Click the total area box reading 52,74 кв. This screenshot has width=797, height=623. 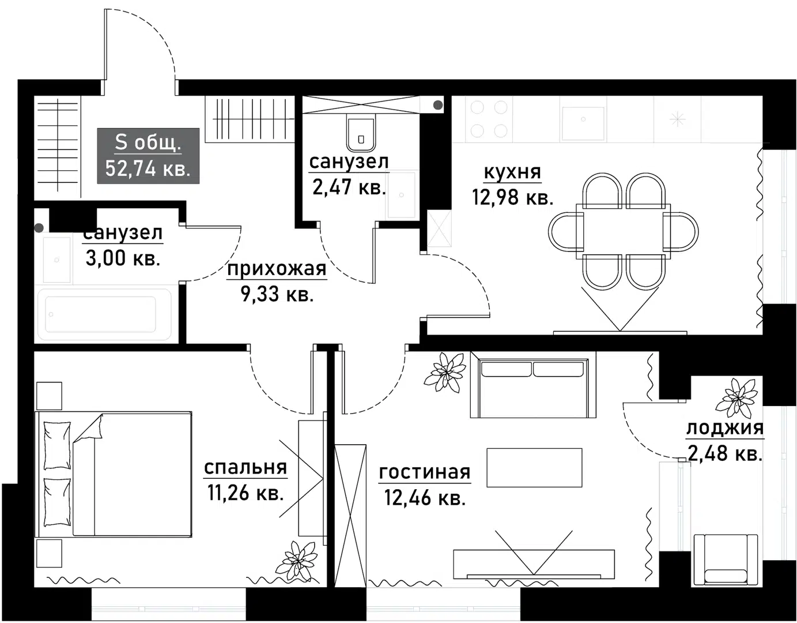pyautogui.click(x=148, y=156)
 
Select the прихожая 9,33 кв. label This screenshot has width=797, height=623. pyautogui.click(x=277, y=282)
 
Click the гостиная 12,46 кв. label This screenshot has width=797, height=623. pyautogui.click(x=425, y=485)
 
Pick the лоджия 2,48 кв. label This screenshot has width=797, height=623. pyautogui.click(x=724, y=441)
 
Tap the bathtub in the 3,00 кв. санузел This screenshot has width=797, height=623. pyautogui.click(x=104, y=314)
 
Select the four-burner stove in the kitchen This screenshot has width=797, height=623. pyautogui.click(x=489, y=119)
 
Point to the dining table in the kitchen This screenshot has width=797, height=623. pyautogui.click(x=624, y=231)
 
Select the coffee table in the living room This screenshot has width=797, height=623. pyautogui.click(x=534, y=468)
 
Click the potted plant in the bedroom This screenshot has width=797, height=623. pyautogui.click(x=299, y=560)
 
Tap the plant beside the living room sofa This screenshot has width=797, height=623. pyautogui.click(x=445, y=371)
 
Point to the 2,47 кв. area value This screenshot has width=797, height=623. pyautogui.click(x=349, y=187)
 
